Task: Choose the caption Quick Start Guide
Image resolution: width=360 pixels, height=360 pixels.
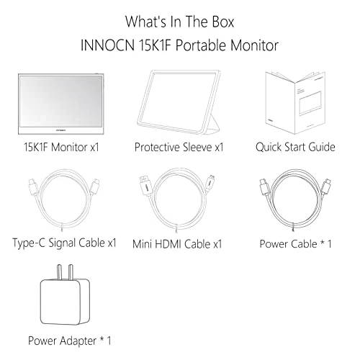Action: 295,148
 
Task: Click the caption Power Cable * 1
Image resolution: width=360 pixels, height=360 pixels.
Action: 295,243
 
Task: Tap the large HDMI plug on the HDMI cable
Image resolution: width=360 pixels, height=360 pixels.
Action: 145,186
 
